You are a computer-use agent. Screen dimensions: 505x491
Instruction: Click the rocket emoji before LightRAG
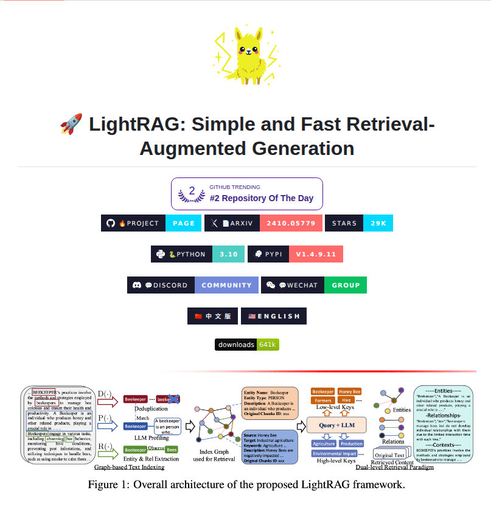coord(71,125)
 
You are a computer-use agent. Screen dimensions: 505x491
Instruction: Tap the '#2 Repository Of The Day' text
coord(262,198)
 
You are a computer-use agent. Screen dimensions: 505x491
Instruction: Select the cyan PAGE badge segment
coord(183,223)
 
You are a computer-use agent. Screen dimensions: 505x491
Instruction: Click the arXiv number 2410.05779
coord(290,223)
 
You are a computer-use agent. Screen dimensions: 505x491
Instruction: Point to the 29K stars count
coord(378,223)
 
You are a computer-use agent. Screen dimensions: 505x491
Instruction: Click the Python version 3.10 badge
coord(228,254)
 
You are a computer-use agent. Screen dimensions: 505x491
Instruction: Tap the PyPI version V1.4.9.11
coord(316,254)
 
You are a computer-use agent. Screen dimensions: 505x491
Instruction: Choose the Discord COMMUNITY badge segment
coord(226,285)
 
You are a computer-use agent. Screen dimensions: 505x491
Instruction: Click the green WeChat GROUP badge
coord(346,285)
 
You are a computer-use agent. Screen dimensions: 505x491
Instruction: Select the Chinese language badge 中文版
coord(212,316)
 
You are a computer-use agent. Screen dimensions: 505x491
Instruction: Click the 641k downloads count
coord(268,345)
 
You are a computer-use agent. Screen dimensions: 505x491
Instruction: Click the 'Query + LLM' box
coord(336,424)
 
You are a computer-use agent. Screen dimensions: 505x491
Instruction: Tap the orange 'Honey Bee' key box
coord(349,392)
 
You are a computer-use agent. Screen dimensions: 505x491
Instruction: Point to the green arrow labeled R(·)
coord(107,452)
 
